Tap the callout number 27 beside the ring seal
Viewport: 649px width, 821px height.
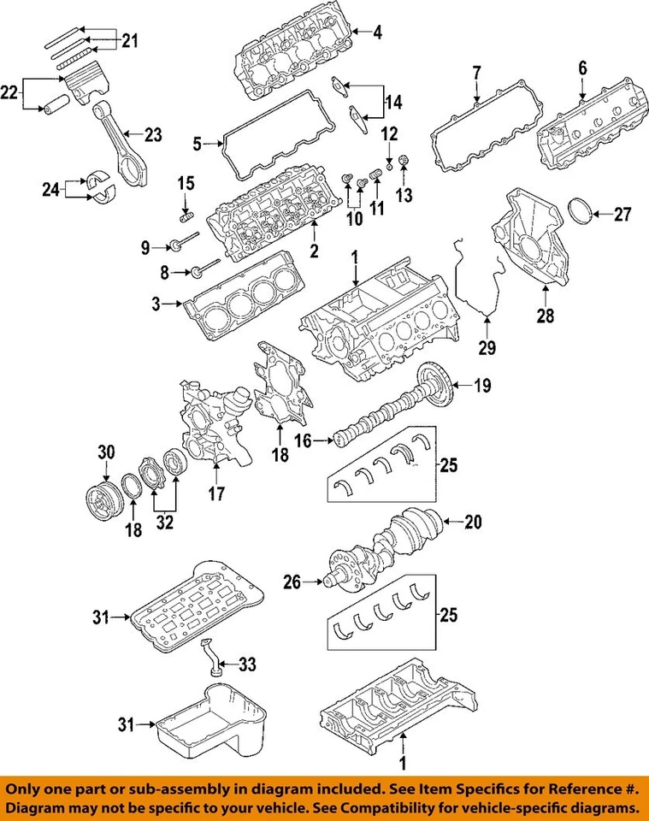point(622,213)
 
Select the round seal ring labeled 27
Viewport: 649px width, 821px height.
point(581,211)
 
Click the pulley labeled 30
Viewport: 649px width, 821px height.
point(103,497)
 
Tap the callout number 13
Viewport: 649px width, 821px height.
point(404,195)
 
